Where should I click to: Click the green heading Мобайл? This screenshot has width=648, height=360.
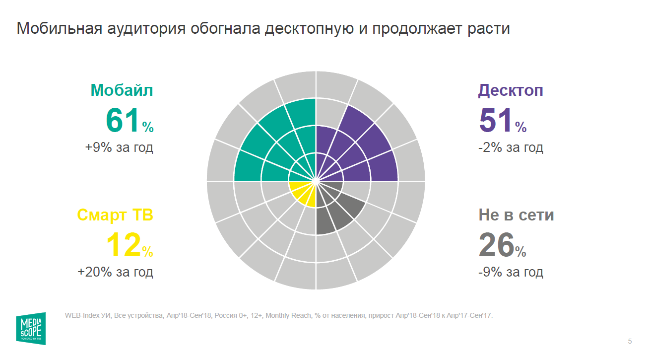(122, 90)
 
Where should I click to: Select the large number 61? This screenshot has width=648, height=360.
(122, 121)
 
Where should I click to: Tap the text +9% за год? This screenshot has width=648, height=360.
(119, 147)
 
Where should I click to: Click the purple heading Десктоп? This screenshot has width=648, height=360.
(511, 90)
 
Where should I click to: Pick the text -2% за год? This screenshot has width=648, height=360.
(511, 147)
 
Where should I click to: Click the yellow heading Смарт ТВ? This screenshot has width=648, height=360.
(115, 215)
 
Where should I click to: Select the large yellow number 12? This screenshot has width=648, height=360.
(123, 245)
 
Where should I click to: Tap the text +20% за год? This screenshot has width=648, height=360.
(115, 272)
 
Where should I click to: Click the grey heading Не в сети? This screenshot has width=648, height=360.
(516, 215)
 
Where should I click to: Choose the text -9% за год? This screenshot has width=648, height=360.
(511, 272)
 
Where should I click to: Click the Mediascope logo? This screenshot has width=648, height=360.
(31, 328)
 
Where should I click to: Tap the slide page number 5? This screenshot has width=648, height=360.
(630, 341)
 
